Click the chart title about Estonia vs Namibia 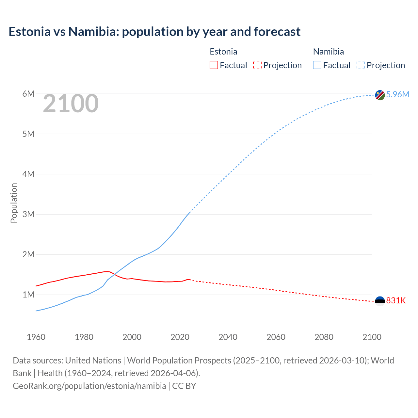pyautogui.click(x=154, y=32)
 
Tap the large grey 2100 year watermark pyautogui.click(x=71, y=104)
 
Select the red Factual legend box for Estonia pyautogui.click(x=214, y=65)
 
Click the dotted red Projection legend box pyautogui.click(x=257, y=65)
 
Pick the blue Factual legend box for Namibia pyautogui.click(x=317, y=65)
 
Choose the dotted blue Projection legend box pyautogui.click(x=361, y=65)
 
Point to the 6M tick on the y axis pyautogui.click(x=28, y=94)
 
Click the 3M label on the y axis pyautogui.click(x=28, y=214)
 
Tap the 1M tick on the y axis pyautogui.click(x=28, y=295)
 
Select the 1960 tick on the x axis pyautogui.click(x=36, y=337)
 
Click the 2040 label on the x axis pyautogui.click(x=228, y=337)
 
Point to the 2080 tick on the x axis pyautogui.click(x=324, y=337)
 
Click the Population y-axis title pyautogui.click(x=14, y=203)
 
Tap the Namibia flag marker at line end pyautogui.click(x=380, y=95)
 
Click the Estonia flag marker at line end pyautogui.click(x=380, y=301)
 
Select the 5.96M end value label pyautogui.click(x=397, y=94)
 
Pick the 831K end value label pyautogui.click(x=396, y=301)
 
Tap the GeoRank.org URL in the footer pyautogui.click(x=89, y=386)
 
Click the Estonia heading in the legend pyautogui.click(x=223, y=52)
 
